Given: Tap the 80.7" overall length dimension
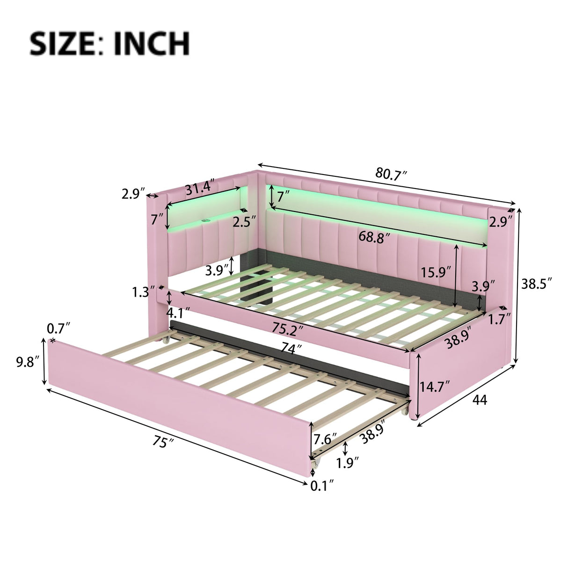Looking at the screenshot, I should coord(391,174).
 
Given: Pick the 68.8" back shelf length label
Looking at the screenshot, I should coord(374,237).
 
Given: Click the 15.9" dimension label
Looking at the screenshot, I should coord(436,272).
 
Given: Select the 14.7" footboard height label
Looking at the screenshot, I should coord(435,386).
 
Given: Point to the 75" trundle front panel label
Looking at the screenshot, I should coord(160,442).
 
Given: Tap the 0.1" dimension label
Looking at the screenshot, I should coord(322,486).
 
